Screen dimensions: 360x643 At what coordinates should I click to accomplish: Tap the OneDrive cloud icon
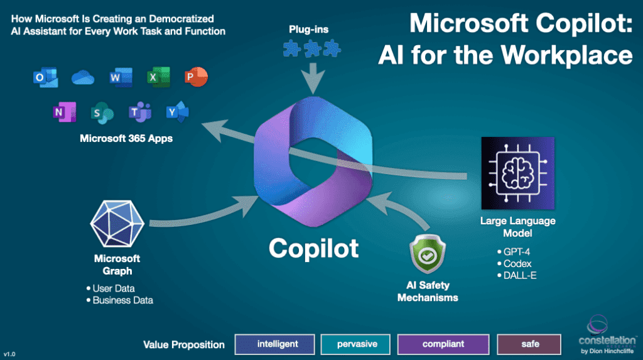[x=82, y=77]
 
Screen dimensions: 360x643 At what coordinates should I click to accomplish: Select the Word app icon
[x=119, y=77]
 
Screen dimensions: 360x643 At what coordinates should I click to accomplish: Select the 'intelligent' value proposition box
[x=276, y=344]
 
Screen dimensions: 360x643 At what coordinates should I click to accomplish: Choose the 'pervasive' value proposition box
[x=356, y=344]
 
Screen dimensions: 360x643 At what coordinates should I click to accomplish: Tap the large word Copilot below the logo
[x=313, y=248]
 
